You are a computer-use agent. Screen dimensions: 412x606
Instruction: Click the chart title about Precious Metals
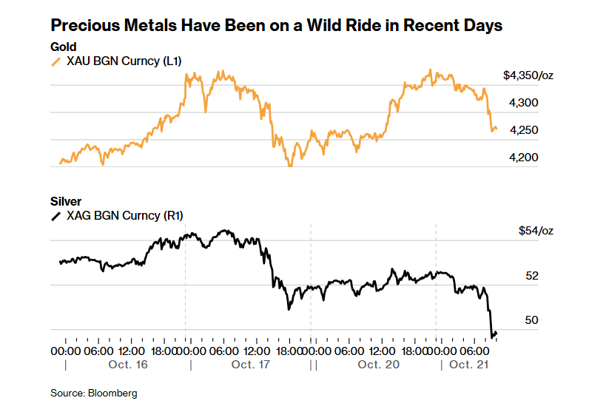pyautogui.click(x=276, y=26)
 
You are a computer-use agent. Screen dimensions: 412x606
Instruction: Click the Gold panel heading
pyautogui.click(x=64, y=47)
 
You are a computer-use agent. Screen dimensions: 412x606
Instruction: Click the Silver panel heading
pyautogui.click(x=66, y=201)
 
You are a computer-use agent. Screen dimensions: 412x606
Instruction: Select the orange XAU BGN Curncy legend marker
pyautogui.click(x=55, y=62)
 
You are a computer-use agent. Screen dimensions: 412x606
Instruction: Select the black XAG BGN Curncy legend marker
pyautogui.click(x=55, y=216)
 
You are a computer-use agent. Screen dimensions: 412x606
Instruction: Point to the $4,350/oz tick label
pyautogui.click(x=528, y=75)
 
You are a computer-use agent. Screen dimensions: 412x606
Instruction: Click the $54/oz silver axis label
pyautogui.click(x=535, y=231)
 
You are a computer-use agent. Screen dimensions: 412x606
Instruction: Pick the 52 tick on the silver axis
pyautogui.click(x=531, y=276)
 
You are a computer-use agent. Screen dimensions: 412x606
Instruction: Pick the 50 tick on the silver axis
pyautogui.click(x=531, y=320)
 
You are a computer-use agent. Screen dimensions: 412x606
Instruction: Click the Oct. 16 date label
pyautogui.click(x=128, y=365)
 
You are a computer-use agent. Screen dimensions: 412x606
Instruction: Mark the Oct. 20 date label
pyautogui.click(x=379, y=365)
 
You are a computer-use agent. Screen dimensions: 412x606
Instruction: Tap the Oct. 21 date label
pyautogui.click(x=470, y=365)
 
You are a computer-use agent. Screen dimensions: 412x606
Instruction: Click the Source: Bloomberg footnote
pyautogui.click(x=93, y=393)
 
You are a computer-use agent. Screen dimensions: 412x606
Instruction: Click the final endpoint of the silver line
pyautogui.click(x=496, y=334)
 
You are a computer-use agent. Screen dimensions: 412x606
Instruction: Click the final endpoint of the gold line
pyautogui.click(x=496, y=129)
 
